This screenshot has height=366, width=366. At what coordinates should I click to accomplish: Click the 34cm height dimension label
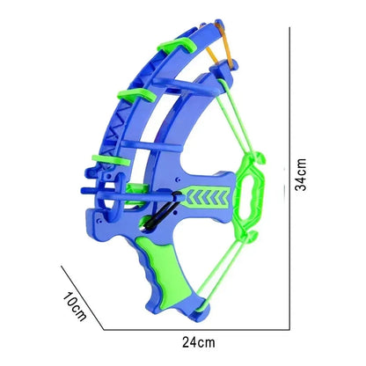301,175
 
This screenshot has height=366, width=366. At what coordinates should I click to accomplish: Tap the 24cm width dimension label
199,342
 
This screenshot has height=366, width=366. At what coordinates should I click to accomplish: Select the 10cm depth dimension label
75,306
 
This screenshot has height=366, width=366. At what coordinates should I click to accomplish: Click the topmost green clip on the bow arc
177,45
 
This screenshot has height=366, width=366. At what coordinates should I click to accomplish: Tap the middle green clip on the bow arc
136,95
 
